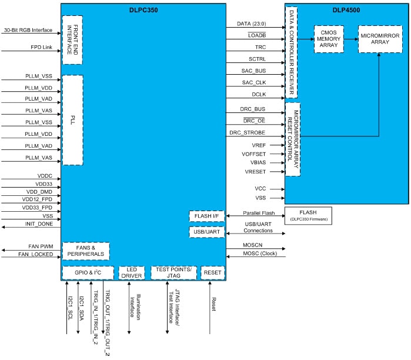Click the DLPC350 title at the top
(x=143, y=10)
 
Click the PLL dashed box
(x=72, y=120)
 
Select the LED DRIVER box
(x=132, y=272)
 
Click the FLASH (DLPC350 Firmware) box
(x=308, y=215)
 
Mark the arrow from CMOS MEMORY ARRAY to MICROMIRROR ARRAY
(x=350, y=39)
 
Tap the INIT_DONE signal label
(x=39, y=225)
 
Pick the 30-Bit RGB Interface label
(x=28, y=29)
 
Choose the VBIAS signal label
(x=259, y=162)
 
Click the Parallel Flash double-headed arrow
(x=255, y=215)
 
